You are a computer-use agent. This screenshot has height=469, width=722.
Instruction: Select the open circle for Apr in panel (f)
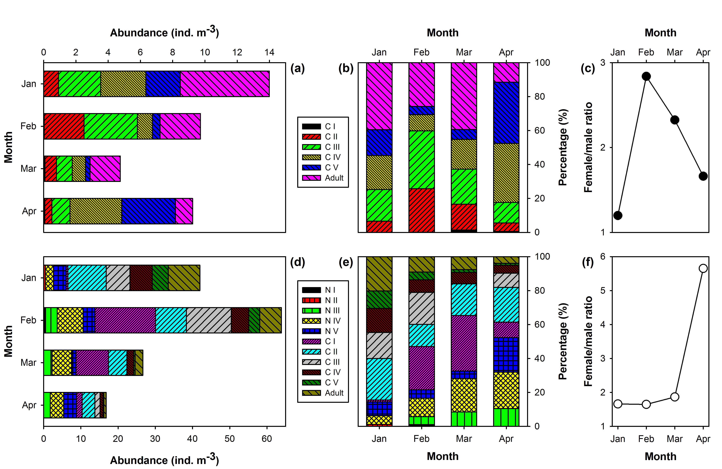[x=703, y=268]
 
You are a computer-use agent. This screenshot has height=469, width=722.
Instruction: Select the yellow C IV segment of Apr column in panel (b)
[x=506, y=173]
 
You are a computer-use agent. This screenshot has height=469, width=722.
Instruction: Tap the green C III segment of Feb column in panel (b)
[x=421, y=160]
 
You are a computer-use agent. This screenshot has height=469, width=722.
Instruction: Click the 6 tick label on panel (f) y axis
[x=603, y=257]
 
